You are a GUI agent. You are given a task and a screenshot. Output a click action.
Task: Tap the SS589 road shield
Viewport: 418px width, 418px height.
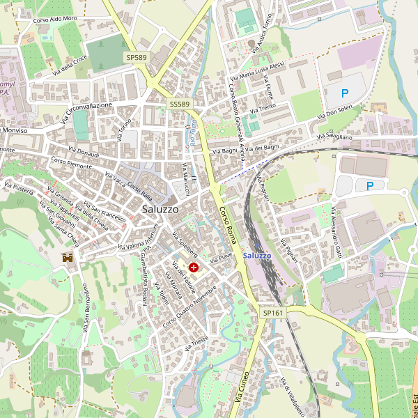(179, 104)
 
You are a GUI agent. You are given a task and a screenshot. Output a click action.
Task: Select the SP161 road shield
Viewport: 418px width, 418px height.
(273, 313)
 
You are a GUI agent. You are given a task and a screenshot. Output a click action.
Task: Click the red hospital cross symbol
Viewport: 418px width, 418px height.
(193, 267)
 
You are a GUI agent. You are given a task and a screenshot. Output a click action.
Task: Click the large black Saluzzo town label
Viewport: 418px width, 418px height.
(160, 208)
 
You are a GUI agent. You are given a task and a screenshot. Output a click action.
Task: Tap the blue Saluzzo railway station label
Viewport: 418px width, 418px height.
(257, 256)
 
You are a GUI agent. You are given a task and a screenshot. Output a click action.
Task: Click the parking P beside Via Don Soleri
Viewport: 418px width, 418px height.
(344, 93)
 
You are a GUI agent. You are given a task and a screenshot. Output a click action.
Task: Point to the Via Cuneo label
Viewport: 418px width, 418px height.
(247, 389)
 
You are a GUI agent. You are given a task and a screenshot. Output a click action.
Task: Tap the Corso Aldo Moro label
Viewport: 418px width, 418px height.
(55, 19)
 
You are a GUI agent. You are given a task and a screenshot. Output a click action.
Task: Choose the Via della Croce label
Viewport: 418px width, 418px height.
(70, 66)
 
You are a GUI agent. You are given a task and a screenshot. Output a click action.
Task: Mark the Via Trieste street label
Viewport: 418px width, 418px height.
(197, 343)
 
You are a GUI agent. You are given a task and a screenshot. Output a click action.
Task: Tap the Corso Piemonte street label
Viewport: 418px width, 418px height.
(70, 167)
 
